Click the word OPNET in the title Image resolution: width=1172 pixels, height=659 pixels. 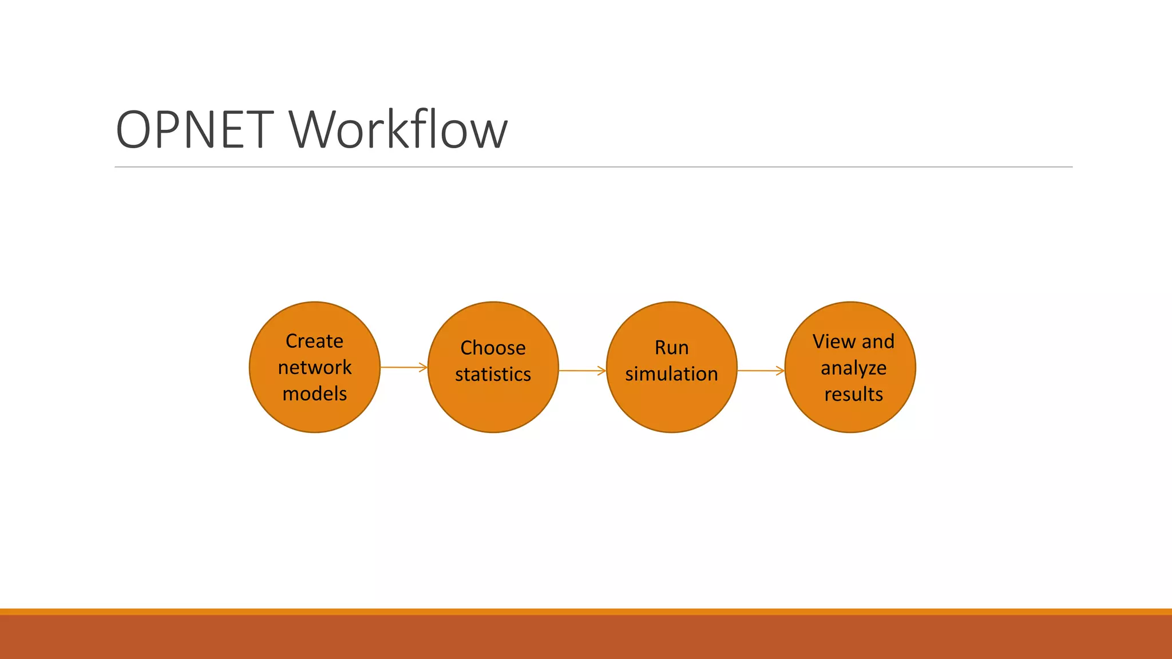pos(195,130)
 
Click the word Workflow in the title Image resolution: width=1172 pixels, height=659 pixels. pos(398,130)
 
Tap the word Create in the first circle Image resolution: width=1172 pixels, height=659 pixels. pos(314,341)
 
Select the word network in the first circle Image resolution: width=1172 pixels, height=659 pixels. pos(314,367)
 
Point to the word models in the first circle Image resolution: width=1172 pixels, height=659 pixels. pos(314,394)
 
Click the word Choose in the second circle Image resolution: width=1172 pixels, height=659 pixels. pos(493,348)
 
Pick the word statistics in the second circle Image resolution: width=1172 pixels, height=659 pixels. pos(493,374)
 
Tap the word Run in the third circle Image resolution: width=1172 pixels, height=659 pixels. pos(671,348)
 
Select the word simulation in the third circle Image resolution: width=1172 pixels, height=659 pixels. pos(671,374)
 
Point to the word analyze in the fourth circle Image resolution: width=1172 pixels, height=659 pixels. pos(853,368)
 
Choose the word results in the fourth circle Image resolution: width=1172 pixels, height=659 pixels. pos(853,394)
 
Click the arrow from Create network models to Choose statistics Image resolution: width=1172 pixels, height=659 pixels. pos(403,367)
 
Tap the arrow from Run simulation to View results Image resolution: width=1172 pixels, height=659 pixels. pos(761,371)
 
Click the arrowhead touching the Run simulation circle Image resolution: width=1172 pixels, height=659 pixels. pos(601,371)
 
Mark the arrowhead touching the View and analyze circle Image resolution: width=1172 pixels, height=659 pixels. pos(780,371)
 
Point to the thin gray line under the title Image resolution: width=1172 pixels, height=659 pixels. pos(593,167)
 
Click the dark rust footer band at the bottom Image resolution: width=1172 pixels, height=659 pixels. pos(586,637)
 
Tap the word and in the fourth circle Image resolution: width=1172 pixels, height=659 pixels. pos(878,342)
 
